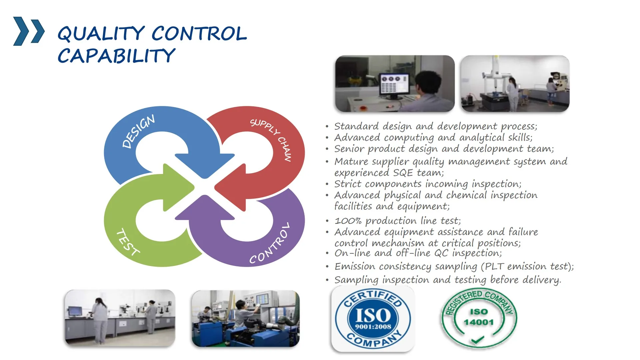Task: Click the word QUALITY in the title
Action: (x=101, y=34)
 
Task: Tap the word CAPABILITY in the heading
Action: (x=116, y=56)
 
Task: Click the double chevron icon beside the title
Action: (x=29, y=31)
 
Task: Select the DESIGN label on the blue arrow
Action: (x=138, y=131)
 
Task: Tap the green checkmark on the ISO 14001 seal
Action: (x=478, y=340)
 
